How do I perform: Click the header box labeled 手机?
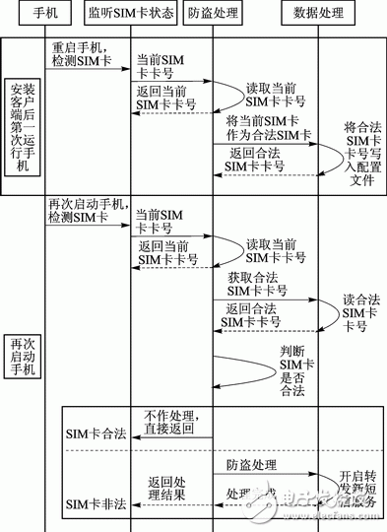[x=62, y=15]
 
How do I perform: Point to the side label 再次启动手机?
[x=21, y=358]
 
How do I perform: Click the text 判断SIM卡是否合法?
[x=287, y=371]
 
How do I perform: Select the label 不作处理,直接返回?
[x=173, y=423]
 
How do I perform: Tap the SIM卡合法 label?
[x=96, y=433]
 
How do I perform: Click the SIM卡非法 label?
[x=96, y=504]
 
